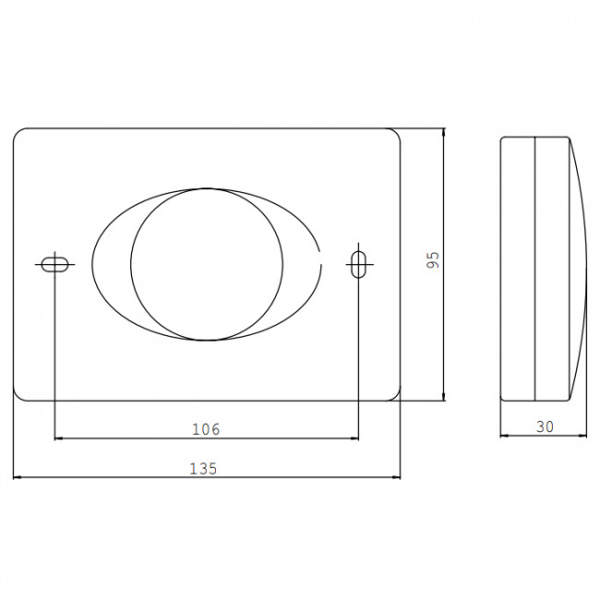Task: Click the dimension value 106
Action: point(206,429)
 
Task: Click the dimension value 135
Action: point(204,469)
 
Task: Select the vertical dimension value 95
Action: point(433,260)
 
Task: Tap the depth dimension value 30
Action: point(545,426)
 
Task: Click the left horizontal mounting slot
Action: point(54,264)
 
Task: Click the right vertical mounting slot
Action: point(358,264)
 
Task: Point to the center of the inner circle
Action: point(207,264)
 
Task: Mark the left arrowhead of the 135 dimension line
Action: point(16,477)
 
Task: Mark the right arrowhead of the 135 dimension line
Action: point(398,477)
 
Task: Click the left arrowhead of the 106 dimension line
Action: point(57,438)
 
